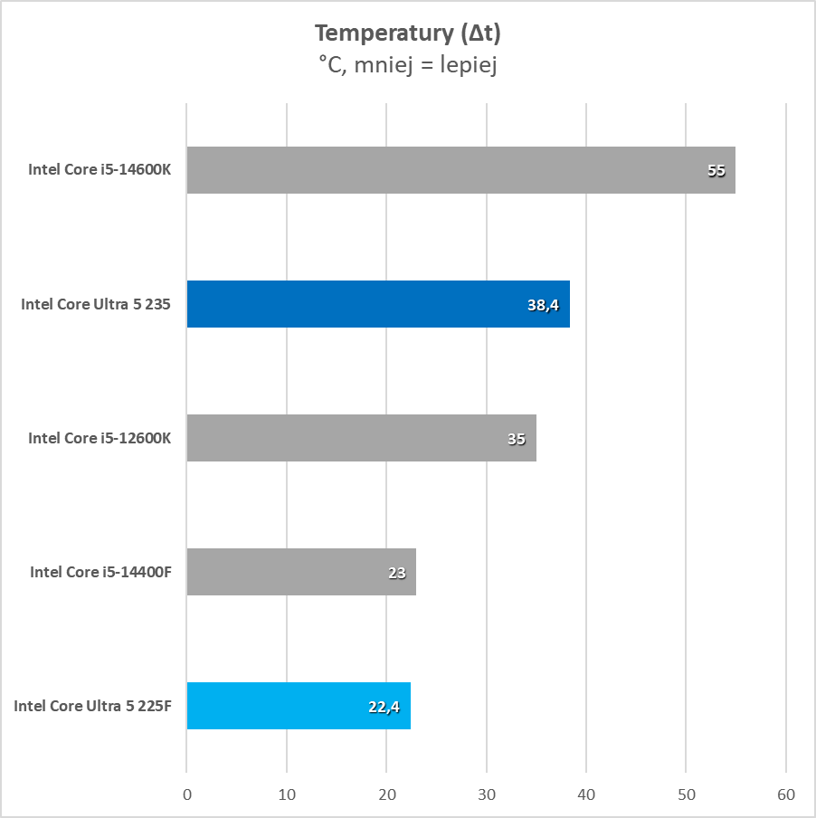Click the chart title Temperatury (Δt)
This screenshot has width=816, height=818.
pyautogui.click(x=407, y=33)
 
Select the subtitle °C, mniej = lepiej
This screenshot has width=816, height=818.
pyautogui.click(x=407, y=65)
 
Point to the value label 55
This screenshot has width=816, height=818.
pyautogui.click(x=716, y=171)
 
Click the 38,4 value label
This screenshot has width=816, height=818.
pyautogui.click(x=543, y=305)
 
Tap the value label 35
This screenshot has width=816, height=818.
pyautogui.click(x=517, y=439)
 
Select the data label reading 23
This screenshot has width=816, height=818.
pyautogui.click(x=396, y=573)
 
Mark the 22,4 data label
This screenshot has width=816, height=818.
pyautogui.click(x=384, y=707)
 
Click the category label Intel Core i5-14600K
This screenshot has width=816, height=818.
pyautogui.click(x=100, y=170)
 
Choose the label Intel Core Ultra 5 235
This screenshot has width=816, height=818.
pyautogui.click(x=96, y=304)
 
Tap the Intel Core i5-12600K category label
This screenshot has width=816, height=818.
pyautogui.click(x=100, y=438)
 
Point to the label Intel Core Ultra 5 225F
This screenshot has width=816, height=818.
pyautogui.click(x=92, y=706)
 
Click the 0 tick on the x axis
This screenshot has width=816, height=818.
pyautogui.click(x=186, y=795)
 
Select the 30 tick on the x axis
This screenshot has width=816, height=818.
pyautogui.click(x=487, y=795)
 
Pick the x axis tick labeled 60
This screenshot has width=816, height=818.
pyautogui.click(x=786, y=795)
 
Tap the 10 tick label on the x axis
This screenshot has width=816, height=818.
pyautogui.click(x=287, y=795)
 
